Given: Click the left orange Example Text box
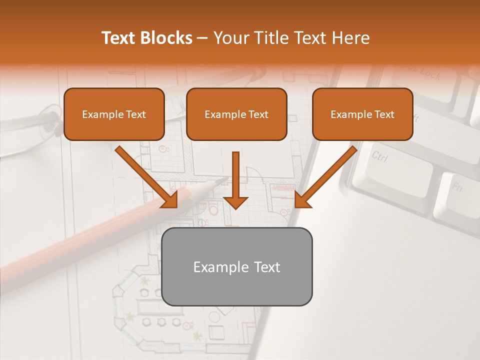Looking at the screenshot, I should [114, 114].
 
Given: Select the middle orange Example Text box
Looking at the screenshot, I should [236, 114].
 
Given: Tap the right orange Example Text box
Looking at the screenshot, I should [362, 114].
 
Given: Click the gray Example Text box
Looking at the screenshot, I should [237, 266].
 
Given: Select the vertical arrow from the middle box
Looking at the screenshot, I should [235, 180].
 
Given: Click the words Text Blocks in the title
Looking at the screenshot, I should [146, 38].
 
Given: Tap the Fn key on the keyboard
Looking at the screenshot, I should [456, 188].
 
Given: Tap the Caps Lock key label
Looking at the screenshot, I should [423, 73].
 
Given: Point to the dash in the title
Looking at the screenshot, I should [202, 38].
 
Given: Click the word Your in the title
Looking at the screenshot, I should [230, 38].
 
